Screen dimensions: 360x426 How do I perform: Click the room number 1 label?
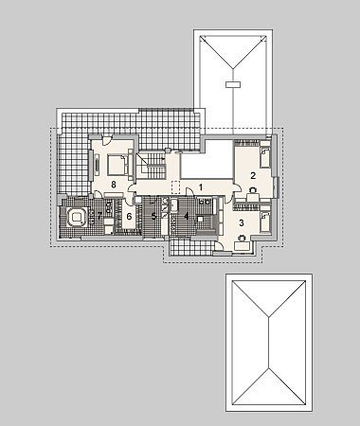click(200, 187)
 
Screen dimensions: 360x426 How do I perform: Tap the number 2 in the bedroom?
click(253, 175)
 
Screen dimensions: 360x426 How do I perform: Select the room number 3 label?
click(242, 223)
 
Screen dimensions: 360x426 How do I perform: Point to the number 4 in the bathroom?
click(187, 216)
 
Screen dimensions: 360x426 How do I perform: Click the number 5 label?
click(153, 216)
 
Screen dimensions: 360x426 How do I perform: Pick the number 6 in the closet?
click(129, 217)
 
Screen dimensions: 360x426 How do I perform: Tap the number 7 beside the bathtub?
click(99, 216)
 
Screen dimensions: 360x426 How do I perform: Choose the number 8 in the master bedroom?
click(114, 185)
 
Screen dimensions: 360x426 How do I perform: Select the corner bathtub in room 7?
click(76, 217)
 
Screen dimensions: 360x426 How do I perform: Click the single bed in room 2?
click(265, 156)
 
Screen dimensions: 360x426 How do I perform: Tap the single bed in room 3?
click(265, 222)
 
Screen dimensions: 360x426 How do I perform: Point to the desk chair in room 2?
click(253, 190)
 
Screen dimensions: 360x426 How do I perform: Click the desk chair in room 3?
click(243, 238)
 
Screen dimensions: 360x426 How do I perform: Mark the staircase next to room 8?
click(151, 166)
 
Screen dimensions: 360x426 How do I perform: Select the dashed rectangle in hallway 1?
click(175, 186)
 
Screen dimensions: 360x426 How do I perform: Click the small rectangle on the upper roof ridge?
click(233, 84)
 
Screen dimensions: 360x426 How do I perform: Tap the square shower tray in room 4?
click(200, 220)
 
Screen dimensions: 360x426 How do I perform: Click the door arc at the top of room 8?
click(106, 140)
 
